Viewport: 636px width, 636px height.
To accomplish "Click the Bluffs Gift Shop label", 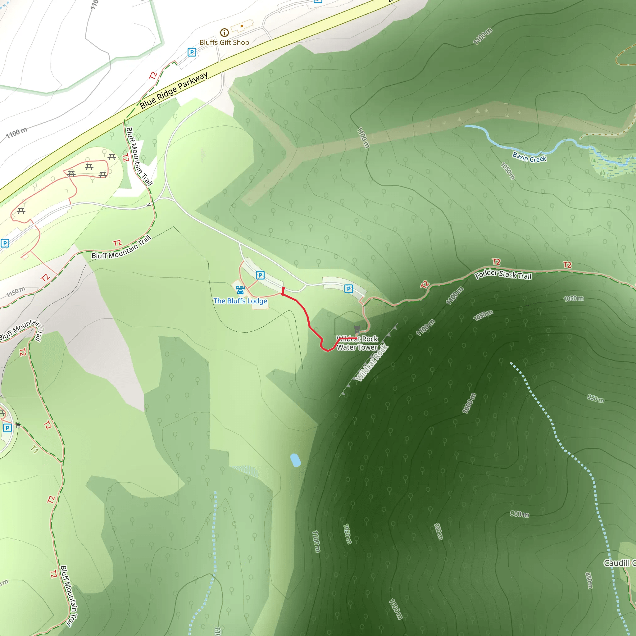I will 224,43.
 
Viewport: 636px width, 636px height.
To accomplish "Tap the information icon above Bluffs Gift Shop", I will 224,32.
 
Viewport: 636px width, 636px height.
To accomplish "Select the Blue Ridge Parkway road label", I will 174,90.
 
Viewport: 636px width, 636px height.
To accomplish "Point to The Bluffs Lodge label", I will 240,301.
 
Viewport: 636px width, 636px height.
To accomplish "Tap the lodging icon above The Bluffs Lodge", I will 240,290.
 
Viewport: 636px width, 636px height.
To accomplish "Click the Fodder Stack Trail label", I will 503,274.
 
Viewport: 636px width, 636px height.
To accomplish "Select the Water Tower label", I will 357,347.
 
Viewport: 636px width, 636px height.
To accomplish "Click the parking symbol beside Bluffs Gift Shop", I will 192,52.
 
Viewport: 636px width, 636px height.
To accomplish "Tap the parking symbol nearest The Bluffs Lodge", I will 260,275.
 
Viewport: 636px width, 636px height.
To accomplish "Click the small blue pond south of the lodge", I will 295,460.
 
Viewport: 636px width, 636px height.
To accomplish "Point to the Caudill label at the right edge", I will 619,563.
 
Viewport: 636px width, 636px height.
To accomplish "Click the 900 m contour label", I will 520,514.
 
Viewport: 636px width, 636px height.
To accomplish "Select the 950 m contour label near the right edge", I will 596,399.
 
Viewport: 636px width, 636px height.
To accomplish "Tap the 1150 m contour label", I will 16,292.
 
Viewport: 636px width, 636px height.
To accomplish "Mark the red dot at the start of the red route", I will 283,288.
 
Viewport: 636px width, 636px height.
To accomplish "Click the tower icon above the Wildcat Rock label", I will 357,329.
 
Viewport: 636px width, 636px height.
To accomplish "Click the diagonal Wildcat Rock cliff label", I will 372,363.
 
